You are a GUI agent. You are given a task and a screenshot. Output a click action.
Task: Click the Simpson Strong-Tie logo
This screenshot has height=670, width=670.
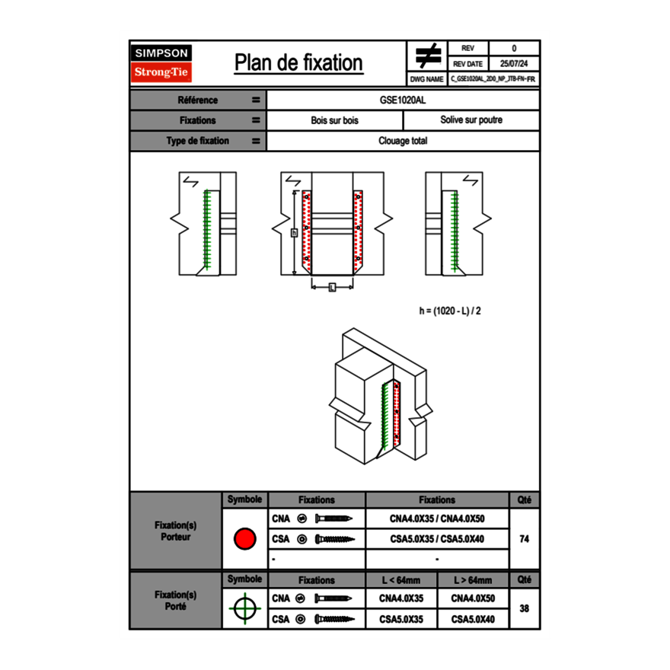click(x=161, y=63)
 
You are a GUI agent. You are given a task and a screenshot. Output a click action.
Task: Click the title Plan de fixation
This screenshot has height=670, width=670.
click(x=298, y=63)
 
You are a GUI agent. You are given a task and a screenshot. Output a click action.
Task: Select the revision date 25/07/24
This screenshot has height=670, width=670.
click(x=514, y=64)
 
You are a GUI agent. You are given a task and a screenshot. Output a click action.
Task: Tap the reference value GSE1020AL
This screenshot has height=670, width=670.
click(x=403, y=100)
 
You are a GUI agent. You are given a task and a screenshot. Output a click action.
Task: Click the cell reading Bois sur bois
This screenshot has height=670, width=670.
click(x=334, y=120)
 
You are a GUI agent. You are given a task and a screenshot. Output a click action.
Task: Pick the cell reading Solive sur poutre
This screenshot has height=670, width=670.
click(x=471, y=120)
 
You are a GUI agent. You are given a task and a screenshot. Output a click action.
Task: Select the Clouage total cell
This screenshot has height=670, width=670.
click(x=403, y=141)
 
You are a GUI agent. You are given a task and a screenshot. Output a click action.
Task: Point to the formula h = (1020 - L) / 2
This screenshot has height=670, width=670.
click(x=450, y=311)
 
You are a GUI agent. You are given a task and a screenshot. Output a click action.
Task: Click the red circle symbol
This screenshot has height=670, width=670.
click(x=244, y=539)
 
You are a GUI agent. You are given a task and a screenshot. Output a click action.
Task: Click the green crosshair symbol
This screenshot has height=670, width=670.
click(x=244, y=608)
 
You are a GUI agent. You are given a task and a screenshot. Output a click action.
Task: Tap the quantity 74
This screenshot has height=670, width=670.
click(x=524, y=539)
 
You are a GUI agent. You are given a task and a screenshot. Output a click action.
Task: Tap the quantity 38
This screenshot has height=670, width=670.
click(x=524, y=608)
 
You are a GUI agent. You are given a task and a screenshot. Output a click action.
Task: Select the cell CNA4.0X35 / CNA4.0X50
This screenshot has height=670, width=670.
click(x=437, y=518)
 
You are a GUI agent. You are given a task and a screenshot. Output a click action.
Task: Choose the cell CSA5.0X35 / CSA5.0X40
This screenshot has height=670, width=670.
click(x=437, y=539)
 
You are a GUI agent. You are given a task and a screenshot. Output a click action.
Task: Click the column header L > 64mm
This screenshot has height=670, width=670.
click(x=472, y=580)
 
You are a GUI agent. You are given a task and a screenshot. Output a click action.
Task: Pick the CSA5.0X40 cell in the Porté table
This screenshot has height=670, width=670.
click(x=472, y=620)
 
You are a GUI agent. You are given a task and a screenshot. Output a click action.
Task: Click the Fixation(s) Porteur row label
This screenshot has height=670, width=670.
click(x=175, y=531)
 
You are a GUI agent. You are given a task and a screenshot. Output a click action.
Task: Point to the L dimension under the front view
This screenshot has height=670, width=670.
click(x=332, y=287)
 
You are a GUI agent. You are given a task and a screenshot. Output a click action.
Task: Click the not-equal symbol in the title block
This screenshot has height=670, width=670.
click(x=427, y=56)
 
